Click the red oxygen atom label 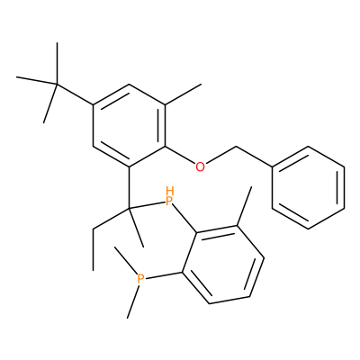(200, 166)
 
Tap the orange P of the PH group (169, 201)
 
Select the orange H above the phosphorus (170, 190)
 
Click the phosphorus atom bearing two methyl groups (140, 278)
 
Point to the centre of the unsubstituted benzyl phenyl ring (308, 187)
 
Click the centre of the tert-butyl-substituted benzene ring (129, 126)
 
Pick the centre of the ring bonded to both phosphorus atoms (223, 265)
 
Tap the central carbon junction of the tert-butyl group (57, 84)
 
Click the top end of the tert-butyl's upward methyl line (57, 42)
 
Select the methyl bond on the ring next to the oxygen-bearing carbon (183, 94)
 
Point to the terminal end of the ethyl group (93, 270)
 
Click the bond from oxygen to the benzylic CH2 (221, 155)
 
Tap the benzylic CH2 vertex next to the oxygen (237, 147)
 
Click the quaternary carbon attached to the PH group (130, 208)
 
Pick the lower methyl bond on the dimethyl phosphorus (132, 301)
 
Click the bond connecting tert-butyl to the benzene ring (75, 94)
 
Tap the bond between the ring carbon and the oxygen (180, 156)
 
